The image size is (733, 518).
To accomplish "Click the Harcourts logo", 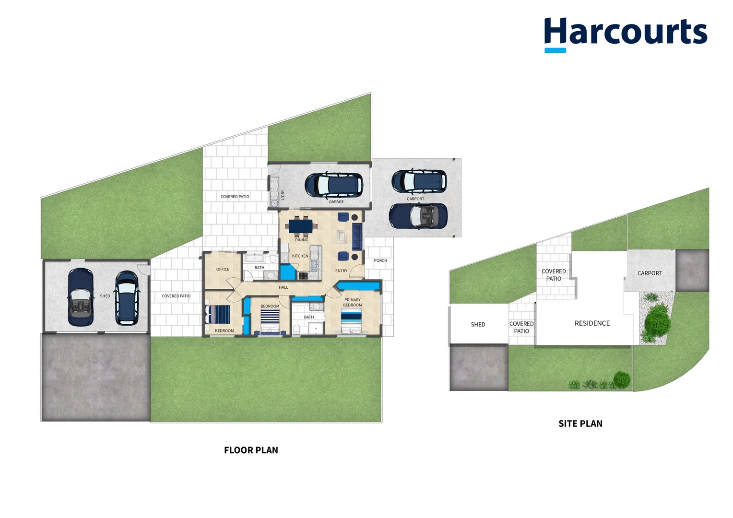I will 625,34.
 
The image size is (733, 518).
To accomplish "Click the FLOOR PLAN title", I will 251,450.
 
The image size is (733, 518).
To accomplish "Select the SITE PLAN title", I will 580,424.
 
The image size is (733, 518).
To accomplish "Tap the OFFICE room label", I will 223,269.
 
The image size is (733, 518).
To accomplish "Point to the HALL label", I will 284,287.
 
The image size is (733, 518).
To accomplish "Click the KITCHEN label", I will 300,256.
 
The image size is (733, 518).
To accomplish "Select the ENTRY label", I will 341,271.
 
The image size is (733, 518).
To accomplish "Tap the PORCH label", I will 380,260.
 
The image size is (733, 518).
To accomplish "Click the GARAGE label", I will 336,201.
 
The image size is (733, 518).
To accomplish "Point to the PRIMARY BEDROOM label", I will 352,302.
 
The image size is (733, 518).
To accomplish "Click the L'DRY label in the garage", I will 283,194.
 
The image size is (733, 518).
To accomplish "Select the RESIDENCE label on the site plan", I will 592,323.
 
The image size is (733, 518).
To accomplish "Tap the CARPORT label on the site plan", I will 650,273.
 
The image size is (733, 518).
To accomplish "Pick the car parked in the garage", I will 334,185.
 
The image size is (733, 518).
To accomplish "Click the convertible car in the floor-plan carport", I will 418,216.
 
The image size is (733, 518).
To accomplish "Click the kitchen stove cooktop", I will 303,276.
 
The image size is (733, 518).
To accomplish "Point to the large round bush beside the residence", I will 657,319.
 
